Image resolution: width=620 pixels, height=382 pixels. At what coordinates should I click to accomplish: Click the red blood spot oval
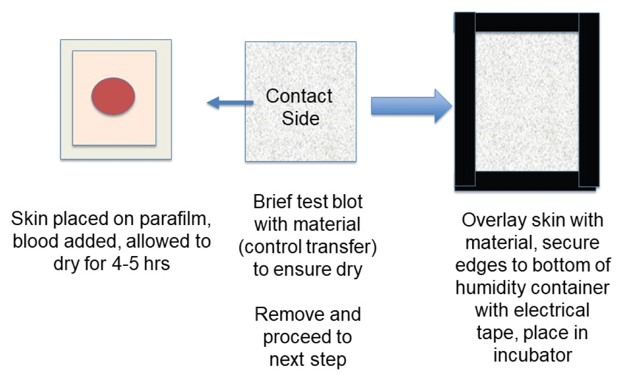point(113,96)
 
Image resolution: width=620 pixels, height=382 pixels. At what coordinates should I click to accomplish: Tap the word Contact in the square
point(299,96)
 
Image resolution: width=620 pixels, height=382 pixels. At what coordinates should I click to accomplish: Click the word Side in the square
point(300,118)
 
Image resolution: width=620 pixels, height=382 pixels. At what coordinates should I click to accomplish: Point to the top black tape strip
point(526,22)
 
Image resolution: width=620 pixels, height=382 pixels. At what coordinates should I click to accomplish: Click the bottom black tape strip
point(526,180)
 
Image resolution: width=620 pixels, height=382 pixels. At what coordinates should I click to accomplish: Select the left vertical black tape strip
point(464,101)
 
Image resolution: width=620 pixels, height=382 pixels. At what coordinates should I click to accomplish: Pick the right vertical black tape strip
point(588,101)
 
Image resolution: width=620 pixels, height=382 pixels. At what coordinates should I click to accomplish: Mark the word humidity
point(491,288)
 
